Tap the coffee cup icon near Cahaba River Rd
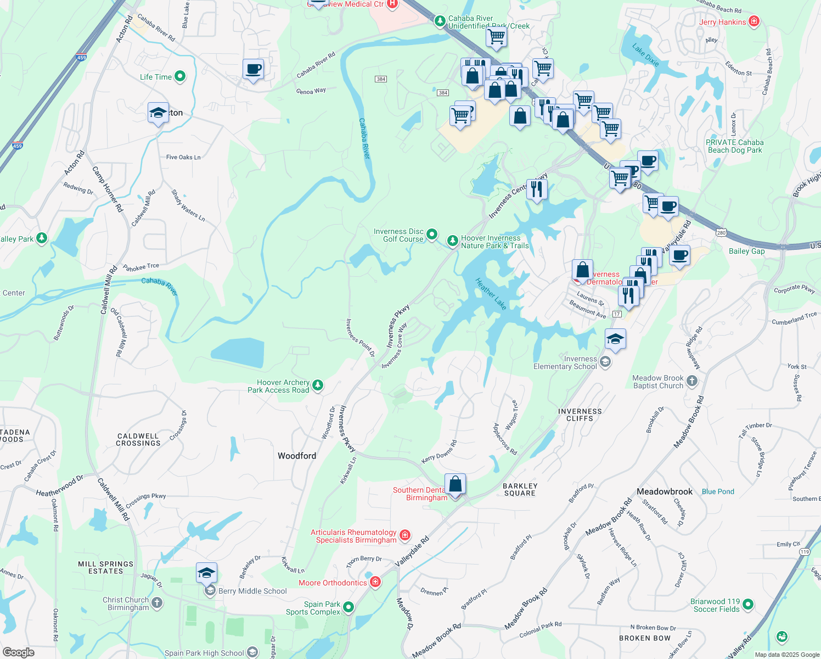tap(253, 69)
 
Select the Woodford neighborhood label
tap(297, 456)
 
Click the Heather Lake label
tap(491, 294)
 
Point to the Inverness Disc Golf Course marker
tap(432, 234)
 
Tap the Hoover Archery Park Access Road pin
tap(318, 386)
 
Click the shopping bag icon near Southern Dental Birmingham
tap(455, 484)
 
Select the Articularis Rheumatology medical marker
tap(405, 535)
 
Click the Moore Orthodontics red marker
tap(375, 582)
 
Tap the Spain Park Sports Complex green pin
tap(348, 607)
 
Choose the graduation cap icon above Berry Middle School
tap(206, 573)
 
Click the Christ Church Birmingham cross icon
tap(157, 603)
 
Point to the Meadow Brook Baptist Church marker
tap(692, 381)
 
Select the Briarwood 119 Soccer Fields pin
tap(748, 605)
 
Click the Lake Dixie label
tap(646, 55)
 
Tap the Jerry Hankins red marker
tap(754, 21)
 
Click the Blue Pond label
tap(718, 492)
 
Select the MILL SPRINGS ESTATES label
tap(106, 567)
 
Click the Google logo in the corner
tap(19, 652)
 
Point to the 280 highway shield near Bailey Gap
tap(721, 233)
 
